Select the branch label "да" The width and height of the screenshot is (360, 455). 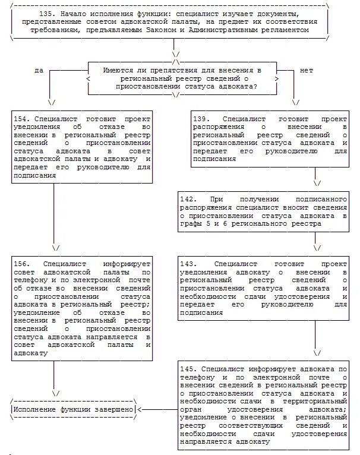point(39,70)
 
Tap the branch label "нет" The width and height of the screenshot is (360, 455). point(306,70)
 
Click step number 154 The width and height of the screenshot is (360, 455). point(20,119)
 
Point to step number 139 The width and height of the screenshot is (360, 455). point(200,119)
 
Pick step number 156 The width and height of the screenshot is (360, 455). point(20,264)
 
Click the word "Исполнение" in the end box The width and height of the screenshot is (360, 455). point(35,410)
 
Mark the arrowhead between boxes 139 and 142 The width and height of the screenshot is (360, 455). point(317,183)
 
